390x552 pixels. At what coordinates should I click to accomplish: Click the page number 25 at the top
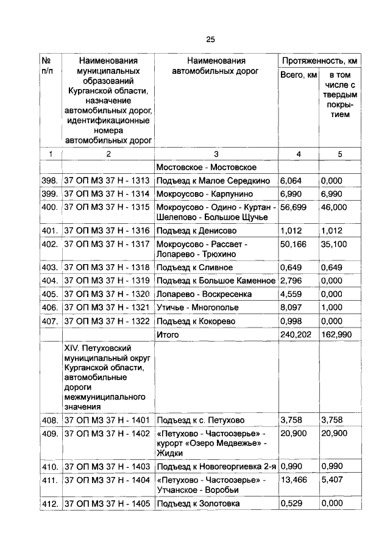(x=210, y=40)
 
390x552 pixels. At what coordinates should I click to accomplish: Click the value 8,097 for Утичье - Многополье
(x=291, y=307)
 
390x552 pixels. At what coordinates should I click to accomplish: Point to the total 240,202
(x=296, y=334)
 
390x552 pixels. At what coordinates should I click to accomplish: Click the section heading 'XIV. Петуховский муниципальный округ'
(x=107, y=352)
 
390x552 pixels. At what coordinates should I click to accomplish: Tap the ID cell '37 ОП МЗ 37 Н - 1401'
(x=107, y=420)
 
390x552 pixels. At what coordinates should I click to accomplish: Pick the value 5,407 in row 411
(x=333, y=481)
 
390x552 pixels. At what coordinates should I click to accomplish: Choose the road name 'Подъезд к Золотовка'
(x=198, y=504)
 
